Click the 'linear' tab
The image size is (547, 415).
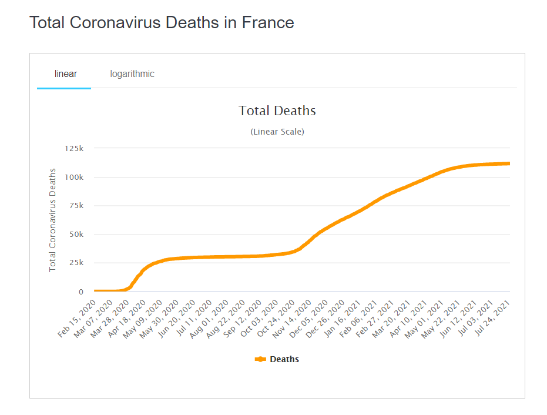coord(65,74)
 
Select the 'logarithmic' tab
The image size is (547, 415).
coord(132,74)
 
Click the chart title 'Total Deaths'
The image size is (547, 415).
coord(277,111)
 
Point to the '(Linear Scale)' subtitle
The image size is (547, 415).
coord(277,132)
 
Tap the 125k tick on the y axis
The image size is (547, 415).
coord(75,148)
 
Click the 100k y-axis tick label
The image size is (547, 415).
coord(75,177)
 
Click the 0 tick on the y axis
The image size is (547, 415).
coord(82,292)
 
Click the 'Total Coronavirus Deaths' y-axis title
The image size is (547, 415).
coord(53,220)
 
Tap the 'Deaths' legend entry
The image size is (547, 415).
coord(284,359)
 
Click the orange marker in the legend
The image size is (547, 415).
coord(260,359)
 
